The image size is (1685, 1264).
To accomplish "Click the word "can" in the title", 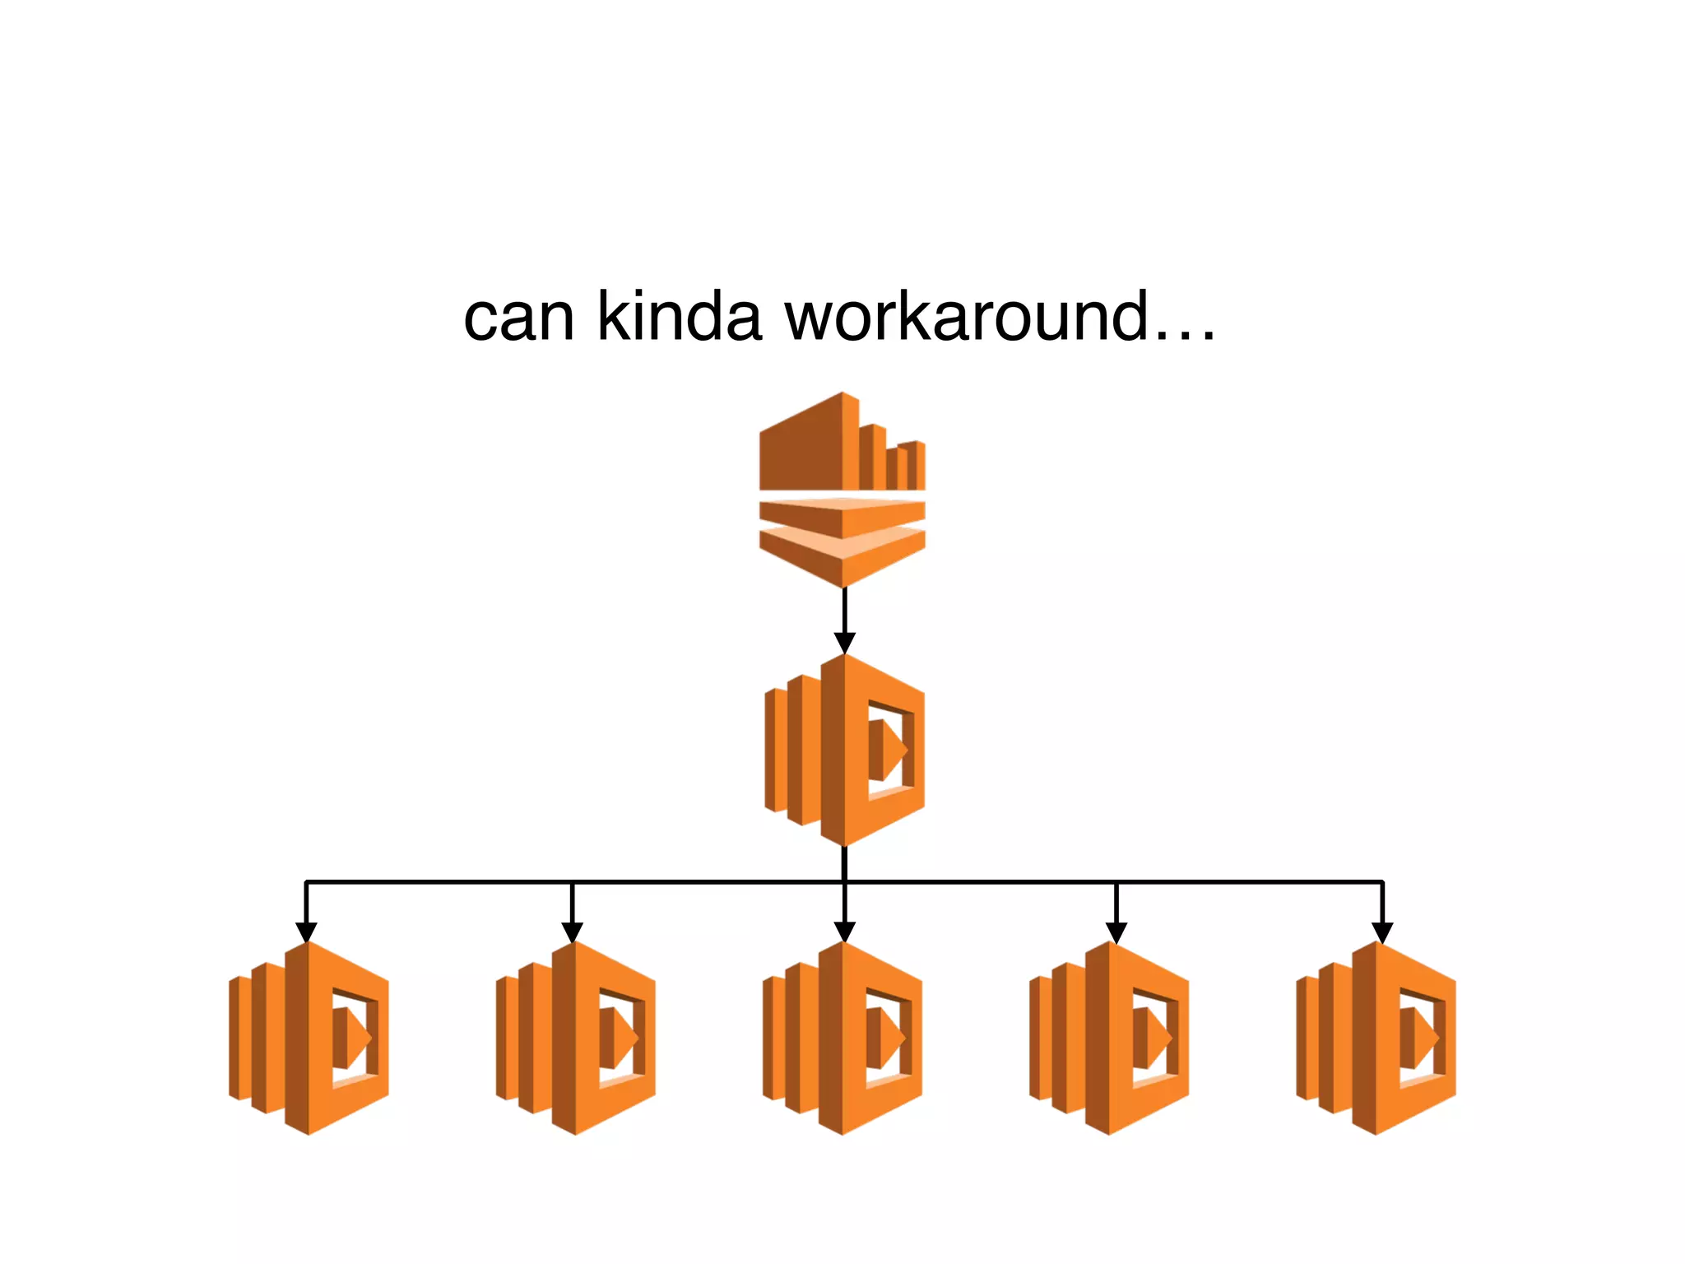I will pyautogui.click(x=519, y=318).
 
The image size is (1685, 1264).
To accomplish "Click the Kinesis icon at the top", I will pyautogui.click(x=842, y=490).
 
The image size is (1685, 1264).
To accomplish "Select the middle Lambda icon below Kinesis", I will pyautogui.click(x=845, y=750).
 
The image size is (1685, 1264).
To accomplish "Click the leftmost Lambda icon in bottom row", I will pyautogui.click(x=309, y=1038).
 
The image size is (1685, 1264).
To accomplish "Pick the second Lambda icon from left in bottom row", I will pyautogui.click(x=576, y=1038).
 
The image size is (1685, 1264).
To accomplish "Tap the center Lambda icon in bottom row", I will pyautogui.click(x=842, y=1038).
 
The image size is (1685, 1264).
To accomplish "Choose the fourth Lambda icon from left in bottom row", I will pyautogui.click(x=1109, y=1038).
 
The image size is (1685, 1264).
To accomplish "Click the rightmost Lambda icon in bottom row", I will pyautogui.click(x=1376, y=1038).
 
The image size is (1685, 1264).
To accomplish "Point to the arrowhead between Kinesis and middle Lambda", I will pyautogui.click(x=845, y=643).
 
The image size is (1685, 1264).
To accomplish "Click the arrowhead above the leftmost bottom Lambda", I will pyautogui.click(x=306, y=932).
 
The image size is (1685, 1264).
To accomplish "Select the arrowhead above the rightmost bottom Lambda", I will pyautogui.click(x=1383, y=932).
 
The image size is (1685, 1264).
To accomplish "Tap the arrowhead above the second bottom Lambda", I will pyautogui.click(x=573, y=932).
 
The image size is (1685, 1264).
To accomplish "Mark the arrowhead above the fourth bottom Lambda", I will pyautogui.click(x=1116, y=932).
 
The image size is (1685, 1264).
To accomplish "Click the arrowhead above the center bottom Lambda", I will pyautogui.click(x=845, y=932).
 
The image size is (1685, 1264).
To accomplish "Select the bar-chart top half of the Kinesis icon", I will pyautogui.click(x=841, y=444).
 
